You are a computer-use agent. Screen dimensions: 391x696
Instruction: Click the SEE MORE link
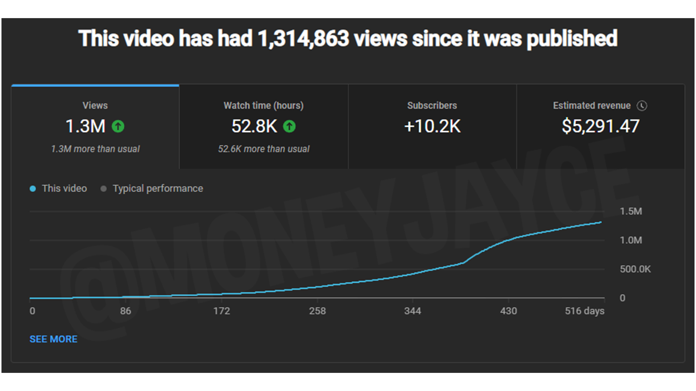point(53,339)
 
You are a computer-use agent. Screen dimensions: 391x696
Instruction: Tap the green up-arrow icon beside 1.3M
point(118,126)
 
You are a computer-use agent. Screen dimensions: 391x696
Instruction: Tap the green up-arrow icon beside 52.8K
point(289,126)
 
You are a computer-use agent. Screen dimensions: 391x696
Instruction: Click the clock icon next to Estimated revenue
point(642,106)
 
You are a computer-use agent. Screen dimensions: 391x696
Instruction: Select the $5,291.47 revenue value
point(600,126)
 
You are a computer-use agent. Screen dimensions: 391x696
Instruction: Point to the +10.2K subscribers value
point(432,126)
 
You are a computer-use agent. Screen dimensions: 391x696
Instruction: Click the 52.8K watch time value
point(254,126)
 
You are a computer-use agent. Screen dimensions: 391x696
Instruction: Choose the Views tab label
point(95,106)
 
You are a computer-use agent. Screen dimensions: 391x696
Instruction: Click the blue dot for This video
point(33,189)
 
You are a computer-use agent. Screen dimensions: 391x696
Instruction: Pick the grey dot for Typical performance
point(104,189)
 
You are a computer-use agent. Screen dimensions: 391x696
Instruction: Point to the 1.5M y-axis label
point(631,211)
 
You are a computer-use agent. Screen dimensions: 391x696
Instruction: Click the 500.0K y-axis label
point(635,269)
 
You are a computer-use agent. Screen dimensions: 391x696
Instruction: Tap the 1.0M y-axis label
point(631,240)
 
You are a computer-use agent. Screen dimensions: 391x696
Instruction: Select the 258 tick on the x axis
point(317,311)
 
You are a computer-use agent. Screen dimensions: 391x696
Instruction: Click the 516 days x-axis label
point(584,311)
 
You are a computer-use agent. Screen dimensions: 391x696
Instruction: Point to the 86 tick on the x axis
point(125,311)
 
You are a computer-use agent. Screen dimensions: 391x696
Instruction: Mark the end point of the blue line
point(601,222)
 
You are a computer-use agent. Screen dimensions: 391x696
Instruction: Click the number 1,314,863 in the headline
point(303,38)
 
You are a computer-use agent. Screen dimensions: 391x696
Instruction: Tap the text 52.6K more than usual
point(264,149)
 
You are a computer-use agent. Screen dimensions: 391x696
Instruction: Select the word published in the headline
point(572,38)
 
